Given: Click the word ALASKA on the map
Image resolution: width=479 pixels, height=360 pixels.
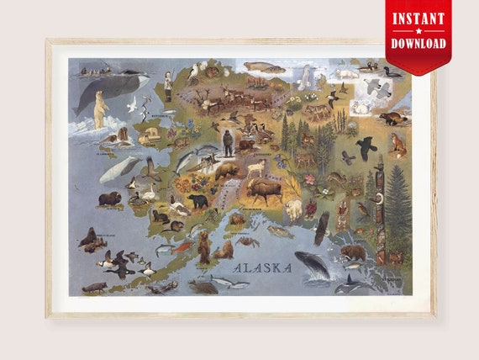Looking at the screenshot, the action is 263,268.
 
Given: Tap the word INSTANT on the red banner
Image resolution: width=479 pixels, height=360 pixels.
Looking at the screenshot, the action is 418,18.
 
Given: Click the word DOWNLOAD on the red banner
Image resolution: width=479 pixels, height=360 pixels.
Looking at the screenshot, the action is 418,41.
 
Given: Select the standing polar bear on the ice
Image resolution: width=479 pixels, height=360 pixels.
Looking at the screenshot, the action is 101,109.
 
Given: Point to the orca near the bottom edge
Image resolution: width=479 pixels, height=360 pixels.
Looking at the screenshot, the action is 353,283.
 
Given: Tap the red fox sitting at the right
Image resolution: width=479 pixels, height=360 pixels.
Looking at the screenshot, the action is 397,145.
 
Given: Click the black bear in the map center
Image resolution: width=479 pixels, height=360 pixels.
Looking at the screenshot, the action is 197,201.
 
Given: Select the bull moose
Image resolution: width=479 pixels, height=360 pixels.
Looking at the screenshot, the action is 262,192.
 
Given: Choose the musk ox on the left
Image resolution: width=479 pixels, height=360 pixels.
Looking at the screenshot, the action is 110,199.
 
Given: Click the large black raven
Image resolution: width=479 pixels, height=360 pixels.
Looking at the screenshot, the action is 365,148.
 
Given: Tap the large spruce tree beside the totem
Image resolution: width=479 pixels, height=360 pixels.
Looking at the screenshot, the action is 398,206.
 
